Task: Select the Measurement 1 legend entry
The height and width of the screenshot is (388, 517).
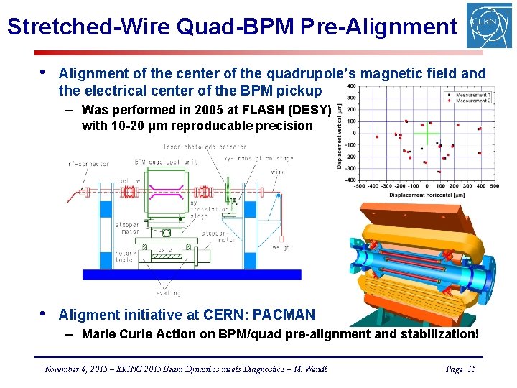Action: [x=470, y=95]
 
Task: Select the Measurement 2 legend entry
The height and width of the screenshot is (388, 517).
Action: [x=470, y=101]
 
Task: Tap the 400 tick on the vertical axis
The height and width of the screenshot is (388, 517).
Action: [x=351, y=86]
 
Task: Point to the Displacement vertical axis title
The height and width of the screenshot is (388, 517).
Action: [x=339, y=134]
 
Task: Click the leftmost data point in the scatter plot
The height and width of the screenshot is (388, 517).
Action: [x=377, y=135]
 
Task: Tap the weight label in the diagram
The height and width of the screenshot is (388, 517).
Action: [x=282, y=246]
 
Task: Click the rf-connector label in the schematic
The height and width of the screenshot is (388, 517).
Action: [x=89, y=164]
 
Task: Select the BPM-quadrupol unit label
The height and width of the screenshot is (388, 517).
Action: [x=164, y=161]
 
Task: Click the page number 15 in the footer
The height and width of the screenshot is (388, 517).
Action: [x=471, y=369]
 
